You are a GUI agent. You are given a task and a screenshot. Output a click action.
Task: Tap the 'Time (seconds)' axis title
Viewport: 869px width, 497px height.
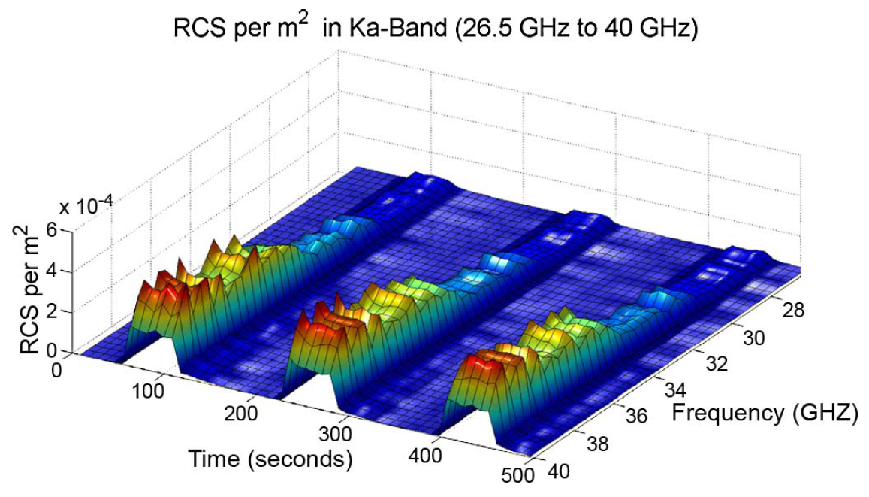pos(270,458)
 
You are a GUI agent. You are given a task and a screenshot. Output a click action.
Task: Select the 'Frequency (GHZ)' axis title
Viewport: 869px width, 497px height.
pos(764,412)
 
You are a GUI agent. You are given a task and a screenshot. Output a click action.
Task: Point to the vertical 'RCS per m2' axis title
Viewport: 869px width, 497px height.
pos(32,289)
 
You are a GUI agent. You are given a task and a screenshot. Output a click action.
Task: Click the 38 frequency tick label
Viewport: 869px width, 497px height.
pos(597,445)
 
